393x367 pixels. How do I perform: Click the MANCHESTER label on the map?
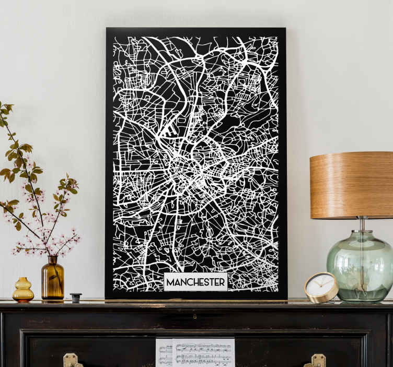[x=195, y=282]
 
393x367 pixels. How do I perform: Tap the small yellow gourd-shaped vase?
[x=23, y=291]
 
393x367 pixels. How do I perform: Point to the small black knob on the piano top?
[x=76, y=298]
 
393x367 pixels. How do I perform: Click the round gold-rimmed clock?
[x=321, y=287]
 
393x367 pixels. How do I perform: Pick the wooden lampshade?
[x=351, y=185]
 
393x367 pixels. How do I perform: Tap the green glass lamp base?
[x=360, y=266]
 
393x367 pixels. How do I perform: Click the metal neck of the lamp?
[x=362, y=224]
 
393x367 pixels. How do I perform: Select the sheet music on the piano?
[x=195, y=352]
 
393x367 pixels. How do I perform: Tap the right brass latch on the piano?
[x=318, y=360]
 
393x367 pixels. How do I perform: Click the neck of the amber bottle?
[x=52, y=261]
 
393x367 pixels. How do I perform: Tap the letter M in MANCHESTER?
[x=170, y=282]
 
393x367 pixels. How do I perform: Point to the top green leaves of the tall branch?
[x=6, y=110]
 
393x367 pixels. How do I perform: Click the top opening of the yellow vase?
[x=23, y=280]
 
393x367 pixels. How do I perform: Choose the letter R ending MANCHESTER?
[x=222, y=282]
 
